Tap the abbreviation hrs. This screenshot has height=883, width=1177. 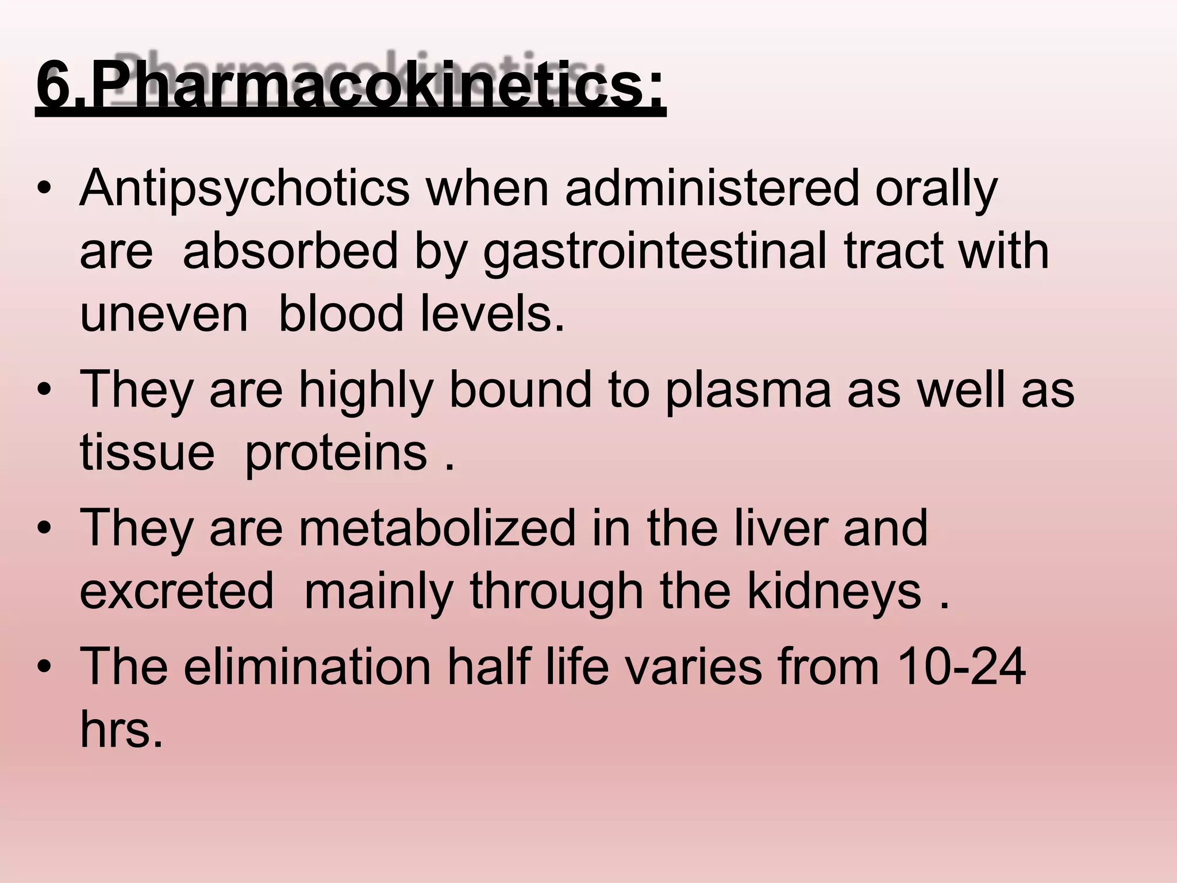click(121, 730)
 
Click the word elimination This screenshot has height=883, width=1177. click(307, 667)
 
